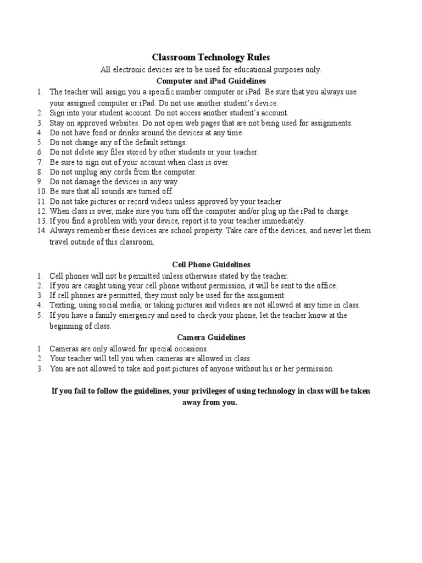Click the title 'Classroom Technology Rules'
pos(210,58)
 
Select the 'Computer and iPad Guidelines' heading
pos(210,81)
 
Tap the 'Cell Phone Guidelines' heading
pos(210,264)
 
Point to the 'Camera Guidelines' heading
pos(210,337)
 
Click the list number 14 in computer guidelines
pos(42,231)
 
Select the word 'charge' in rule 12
pos(337,211)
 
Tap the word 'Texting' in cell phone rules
pos(62,305)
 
